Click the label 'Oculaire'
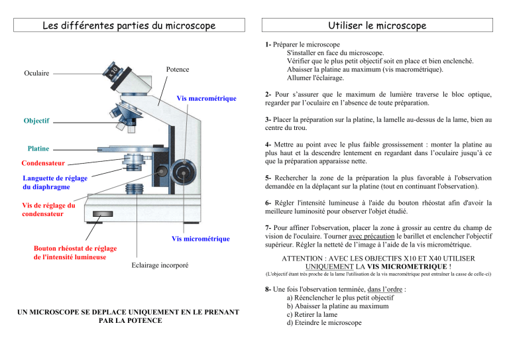tap(36, 74)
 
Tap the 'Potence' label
tap(178, 69)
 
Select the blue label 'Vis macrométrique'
tap(206, 98)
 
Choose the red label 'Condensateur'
tap(43, 163)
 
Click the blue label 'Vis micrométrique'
tap(200, 239)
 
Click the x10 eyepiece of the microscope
tap(113, 70)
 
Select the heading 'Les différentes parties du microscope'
tap(129, 26)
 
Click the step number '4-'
tap(267, 144)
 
